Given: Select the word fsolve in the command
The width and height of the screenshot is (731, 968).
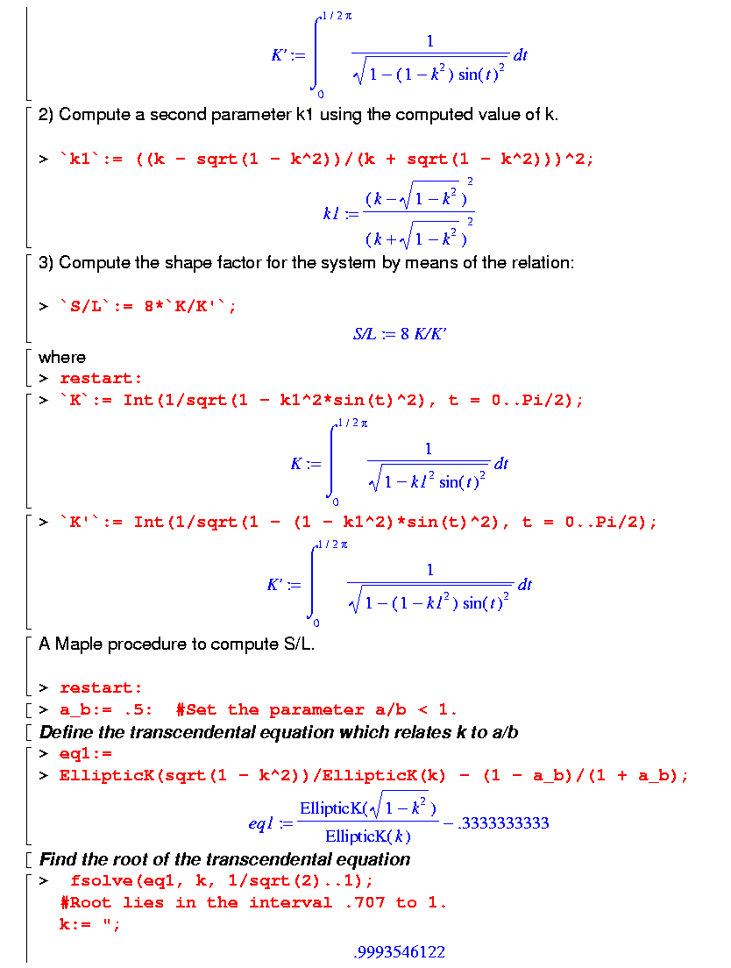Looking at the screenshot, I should (98, 880).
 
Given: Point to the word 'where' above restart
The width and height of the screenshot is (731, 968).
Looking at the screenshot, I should (62, 357).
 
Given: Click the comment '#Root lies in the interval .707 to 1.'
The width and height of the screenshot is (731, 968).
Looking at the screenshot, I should (253, 902).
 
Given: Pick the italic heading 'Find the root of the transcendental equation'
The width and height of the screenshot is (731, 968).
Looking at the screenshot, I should (224, 859).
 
